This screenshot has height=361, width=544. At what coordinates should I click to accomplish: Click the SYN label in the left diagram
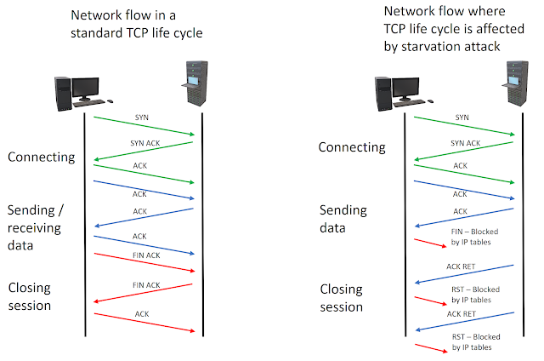pos(142,117)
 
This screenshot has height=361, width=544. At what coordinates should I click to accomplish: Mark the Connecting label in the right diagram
pos(352,148)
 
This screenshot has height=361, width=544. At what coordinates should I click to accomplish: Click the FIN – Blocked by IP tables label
pos(475,237)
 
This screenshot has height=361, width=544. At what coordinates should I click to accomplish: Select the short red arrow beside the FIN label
pos(429,243)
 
